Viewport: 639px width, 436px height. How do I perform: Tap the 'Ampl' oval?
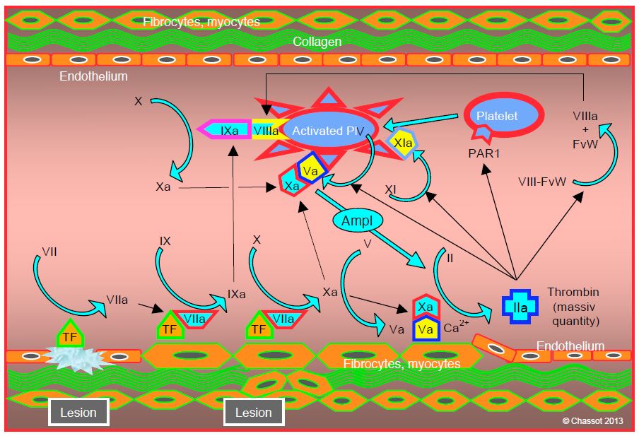pyautogui.click(x=357, y=220)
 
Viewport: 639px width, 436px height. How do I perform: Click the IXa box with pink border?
pyautogui.click(x=228, y=130)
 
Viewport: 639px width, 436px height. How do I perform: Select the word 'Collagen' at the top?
pyautogui.click(x=317, y=42)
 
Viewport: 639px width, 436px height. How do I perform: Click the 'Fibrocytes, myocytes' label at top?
pyautogui.click(x=201, y=22)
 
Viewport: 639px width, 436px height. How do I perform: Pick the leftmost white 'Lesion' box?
pyautogui.click(x=78, y=412)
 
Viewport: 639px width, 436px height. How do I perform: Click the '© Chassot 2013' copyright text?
pyautogui.click(x=594, y=421)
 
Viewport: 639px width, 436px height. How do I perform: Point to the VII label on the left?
pyautogui.click(x=50, y=251)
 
